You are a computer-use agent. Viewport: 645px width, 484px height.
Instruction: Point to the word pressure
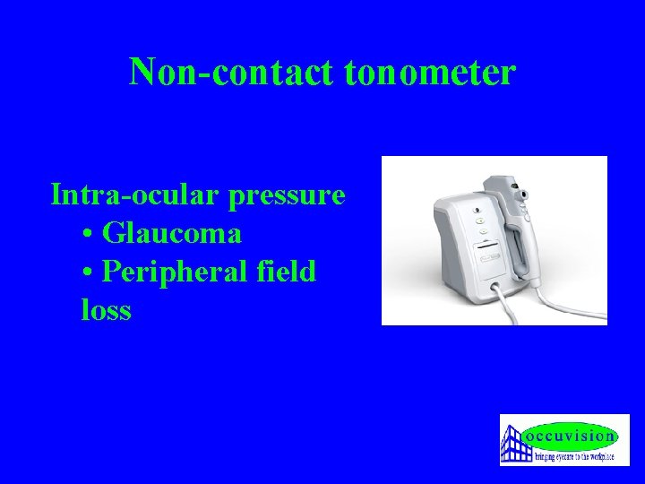[x=287, y=194]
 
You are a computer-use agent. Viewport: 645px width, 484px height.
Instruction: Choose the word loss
[x=106, y=310]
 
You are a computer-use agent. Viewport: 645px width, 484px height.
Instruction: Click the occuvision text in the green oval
[x=572, y=436]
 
